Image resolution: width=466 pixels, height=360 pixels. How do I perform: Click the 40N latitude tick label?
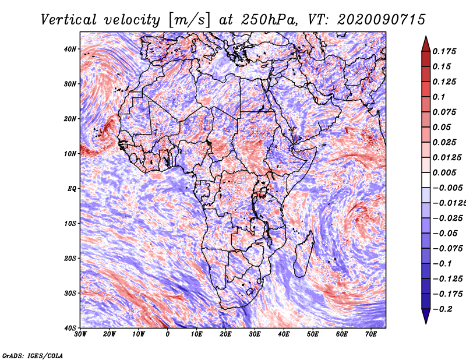point(70,49)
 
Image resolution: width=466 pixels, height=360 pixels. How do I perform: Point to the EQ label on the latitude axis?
point(72,189)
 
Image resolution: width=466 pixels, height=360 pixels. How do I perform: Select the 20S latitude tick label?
point(70,258)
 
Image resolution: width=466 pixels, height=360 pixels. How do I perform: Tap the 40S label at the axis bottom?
point(70,328)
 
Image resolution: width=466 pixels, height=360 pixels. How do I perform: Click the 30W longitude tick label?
point(80,334)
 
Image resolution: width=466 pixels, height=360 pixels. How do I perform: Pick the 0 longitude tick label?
point(168,334)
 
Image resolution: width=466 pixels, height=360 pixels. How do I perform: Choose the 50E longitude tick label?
point(313,334)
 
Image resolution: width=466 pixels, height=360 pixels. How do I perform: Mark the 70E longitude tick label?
point(371,334)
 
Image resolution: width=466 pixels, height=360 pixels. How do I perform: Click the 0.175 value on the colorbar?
point(444,52)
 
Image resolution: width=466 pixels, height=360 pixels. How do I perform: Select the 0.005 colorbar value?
point(444,172)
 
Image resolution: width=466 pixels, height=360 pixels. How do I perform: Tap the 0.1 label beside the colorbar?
point(439,97)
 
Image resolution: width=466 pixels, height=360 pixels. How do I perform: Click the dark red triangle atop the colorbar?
point(426,44)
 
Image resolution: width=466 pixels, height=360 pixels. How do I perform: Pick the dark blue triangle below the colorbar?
point(426,316)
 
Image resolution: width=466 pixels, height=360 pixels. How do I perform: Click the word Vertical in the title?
point(69,20)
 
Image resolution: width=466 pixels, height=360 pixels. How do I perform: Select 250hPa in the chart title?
point(269,20)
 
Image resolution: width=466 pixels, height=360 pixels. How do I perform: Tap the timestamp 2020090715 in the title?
point(382,20)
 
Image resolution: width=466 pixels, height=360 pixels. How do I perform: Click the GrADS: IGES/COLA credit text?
point(33,355)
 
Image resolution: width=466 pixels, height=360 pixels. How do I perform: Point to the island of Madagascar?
point(303,256)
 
